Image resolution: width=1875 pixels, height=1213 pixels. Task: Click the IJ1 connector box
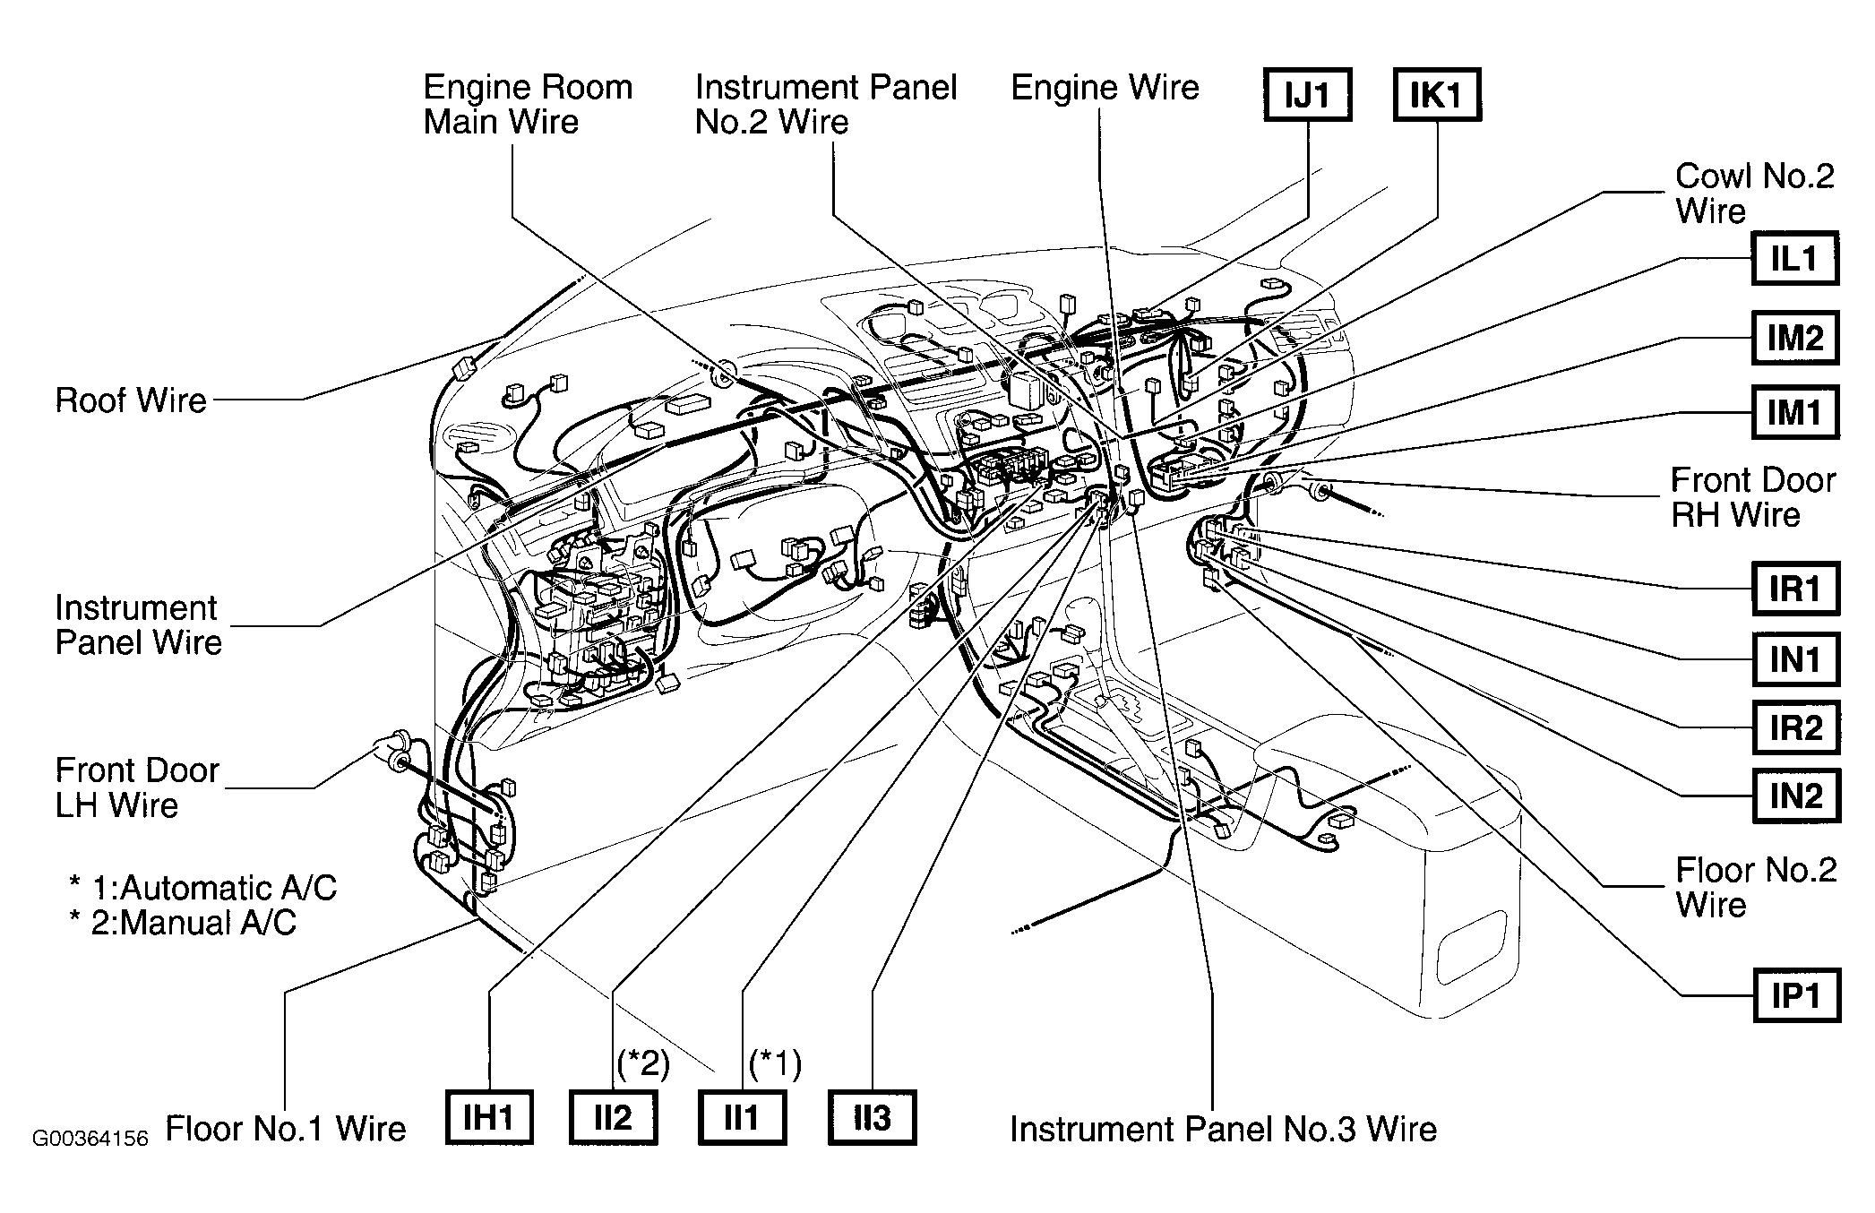pos(1307,94)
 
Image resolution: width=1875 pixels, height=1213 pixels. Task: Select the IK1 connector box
pos(1437,94)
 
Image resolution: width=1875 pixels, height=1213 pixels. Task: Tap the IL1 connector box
pos(1795,259)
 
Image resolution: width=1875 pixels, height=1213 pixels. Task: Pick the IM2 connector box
pos(1795,338)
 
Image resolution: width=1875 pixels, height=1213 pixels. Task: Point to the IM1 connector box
pos(1795,412)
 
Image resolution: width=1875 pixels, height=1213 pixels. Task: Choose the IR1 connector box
pos(1795,589)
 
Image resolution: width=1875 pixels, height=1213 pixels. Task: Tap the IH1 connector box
pos(489,1118)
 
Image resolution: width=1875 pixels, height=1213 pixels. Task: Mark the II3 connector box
pos(873,1118)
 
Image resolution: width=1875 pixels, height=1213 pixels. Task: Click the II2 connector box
pos(614,1118)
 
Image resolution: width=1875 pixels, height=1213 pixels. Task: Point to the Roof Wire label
pos(131,400)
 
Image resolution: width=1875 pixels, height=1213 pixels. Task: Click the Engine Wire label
pos(1105,88)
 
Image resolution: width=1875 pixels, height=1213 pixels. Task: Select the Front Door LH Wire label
pos(137,787)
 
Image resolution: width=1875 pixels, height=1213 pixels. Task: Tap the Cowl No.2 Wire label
pos(1754,194)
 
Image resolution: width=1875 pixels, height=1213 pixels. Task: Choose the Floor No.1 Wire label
pos(286,1129)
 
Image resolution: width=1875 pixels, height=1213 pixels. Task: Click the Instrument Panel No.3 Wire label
pos(1223,1129)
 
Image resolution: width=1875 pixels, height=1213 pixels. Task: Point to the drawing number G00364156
pos(90,1139)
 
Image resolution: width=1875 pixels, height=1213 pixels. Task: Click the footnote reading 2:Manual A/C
pos(183,923)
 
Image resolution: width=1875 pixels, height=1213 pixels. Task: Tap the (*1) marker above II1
pos(775,1063)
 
